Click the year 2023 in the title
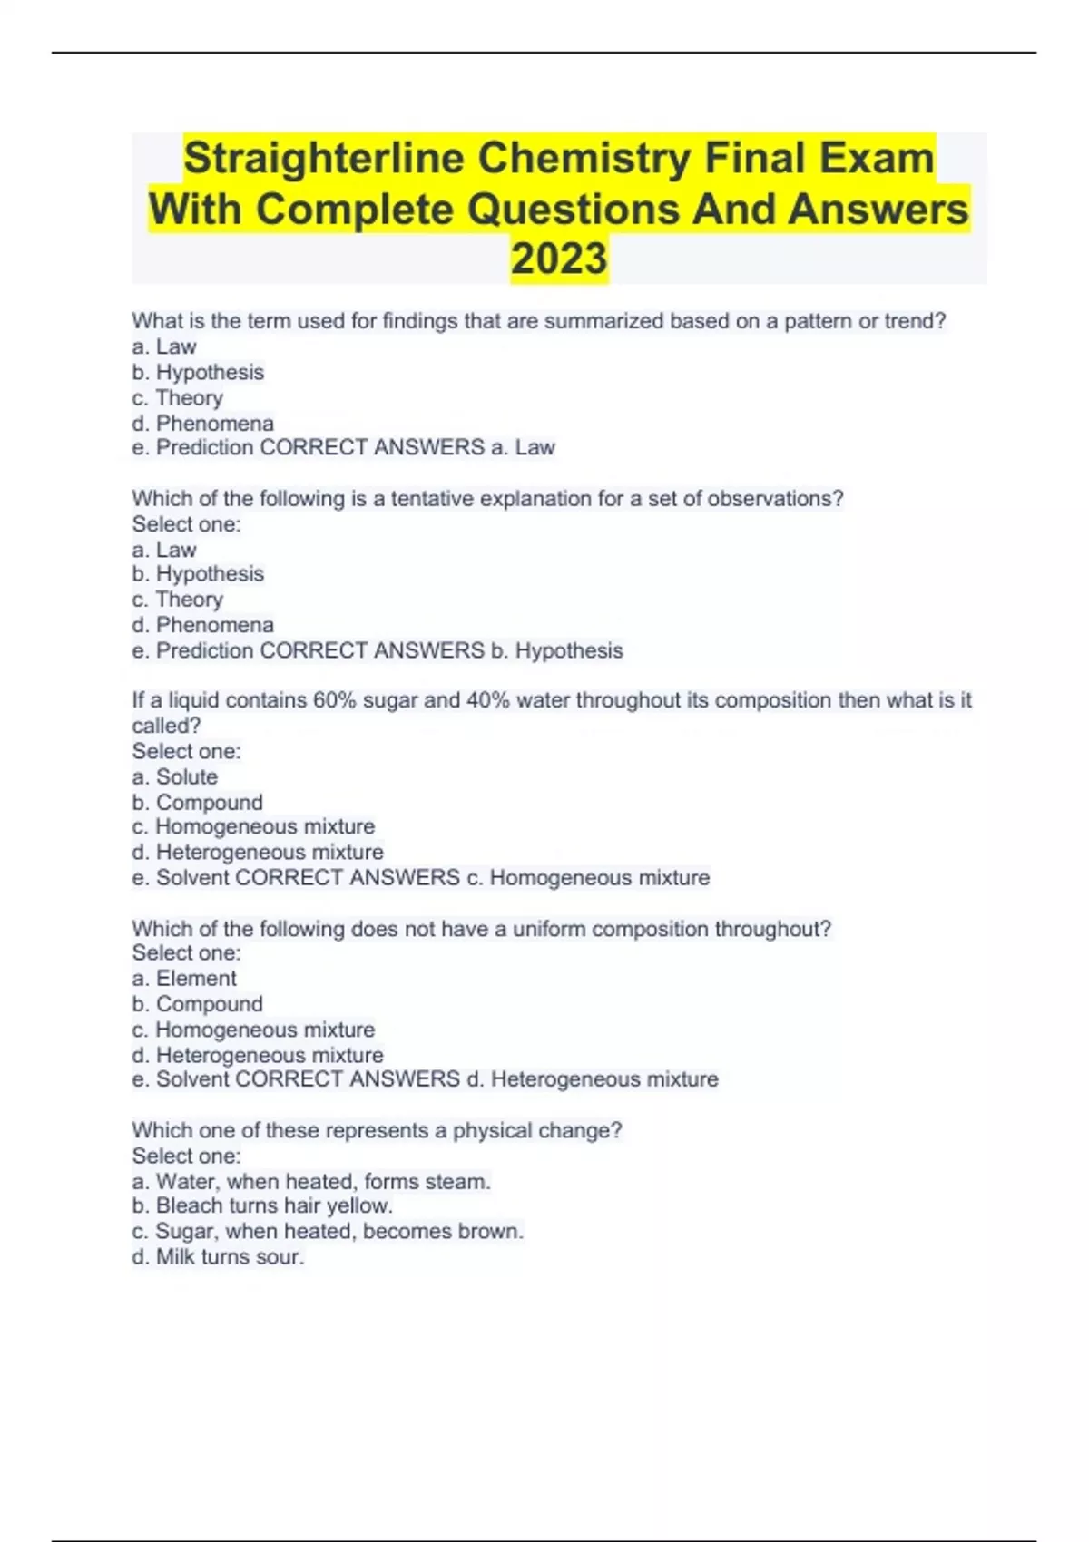[x=558, y=259]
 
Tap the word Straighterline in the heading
[x=324, y=159]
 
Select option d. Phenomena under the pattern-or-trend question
[x=202, y=424]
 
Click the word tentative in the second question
[x=431, y=499]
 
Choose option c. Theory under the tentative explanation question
[x=177, y=600]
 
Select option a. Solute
[x=174, y=777]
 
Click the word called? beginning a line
[x=166, y=726]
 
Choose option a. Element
[x=183, y=979]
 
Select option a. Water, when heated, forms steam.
[x=310, y=1182]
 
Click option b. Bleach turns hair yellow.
[x=261, y=1206]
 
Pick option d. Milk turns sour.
[x=218, y=1257]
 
